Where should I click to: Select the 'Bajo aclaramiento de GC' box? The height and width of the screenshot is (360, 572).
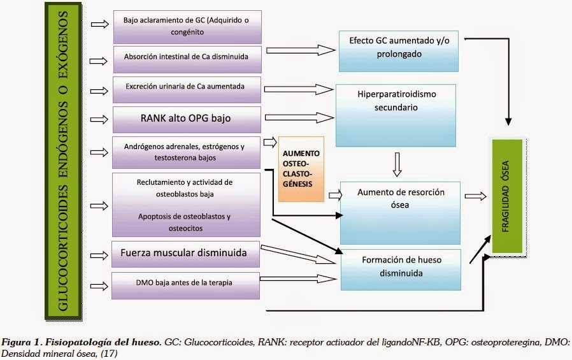click(187, 25)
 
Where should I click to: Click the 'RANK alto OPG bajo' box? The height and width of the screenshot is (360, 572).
click(187, 119)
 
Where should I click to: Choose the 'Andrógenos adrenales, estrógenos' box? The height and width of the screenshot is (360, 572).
click(187, 152)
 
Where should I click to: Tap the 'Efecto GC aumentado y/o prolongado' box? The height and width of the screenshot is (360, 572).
click(398, 48)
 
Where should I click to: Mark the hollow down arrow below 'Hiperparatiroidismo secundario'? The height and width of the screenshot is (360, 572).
click(398, 163)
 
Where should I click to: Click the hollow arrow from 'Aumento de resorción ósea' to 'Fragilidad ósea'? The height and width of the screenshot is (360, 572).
click(475, 196)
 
